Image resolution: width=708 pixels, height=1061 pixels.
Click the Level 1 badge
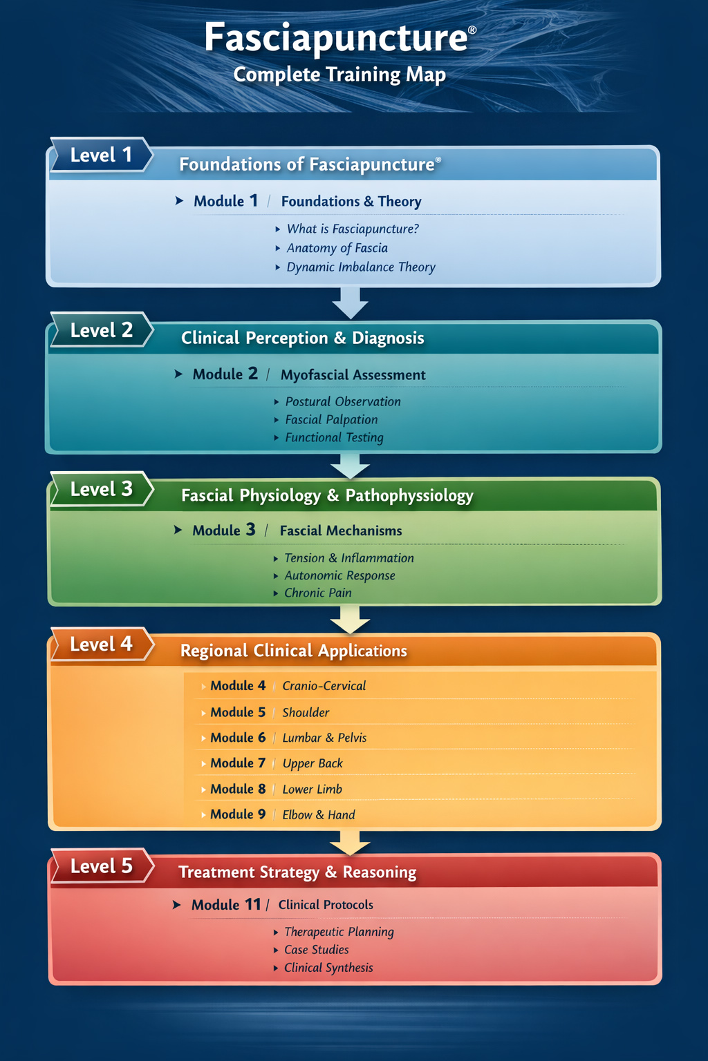coord(101,155)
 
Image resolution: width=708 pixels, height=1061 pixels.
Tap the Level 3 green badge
coord(101,489)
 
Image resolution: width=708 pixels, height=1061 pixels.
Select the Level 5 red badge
coord(101,866)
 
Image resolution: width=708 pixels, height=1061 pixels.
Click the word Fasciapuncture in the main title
coord(336,37)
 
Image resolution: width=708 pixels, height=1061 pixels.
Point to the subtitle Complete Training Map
coord(339,75)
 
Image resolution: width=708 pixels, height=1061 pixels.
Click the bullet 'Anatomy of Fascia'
coord(337,248)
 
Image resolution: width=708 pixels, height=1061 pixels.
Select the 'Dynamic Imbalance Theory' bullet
coord(360,267)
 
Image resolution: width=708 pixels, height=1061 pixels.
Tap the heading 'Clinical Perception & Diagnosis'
coord(302,338)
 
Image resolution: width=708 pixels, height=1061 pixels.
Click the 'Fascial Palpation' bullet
coord(331,420)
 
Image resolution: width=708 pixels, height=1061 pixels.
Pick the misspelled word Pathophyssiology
coord(409,496)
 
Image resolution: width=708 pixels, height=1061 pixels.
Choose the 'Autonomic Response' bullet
coord(339,575)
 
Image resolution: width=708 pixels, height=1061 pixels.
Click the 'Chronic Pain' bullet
coord(317,593)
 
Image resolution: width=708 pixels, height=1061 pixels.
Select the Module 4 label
coord(237,686)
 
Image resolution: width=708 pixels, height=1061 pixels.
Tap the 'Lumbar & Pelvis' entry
coord(324,738)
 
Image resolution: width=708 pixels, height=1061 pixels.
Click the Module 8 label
coord(237,789)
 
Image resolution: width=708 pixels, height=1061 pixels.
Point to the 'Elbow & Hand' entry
coord(318,815)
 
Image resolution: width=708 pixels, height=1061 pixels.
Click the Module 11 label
coord(226,905)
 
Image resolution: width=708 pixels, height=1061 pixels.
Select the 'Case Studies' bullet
coord(316,950)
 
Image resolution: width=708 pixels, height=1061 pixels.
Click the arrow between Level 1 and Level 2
coord(351,303)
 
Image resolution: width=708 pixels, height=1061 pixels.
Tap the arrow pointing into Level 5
coord(351,842)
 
